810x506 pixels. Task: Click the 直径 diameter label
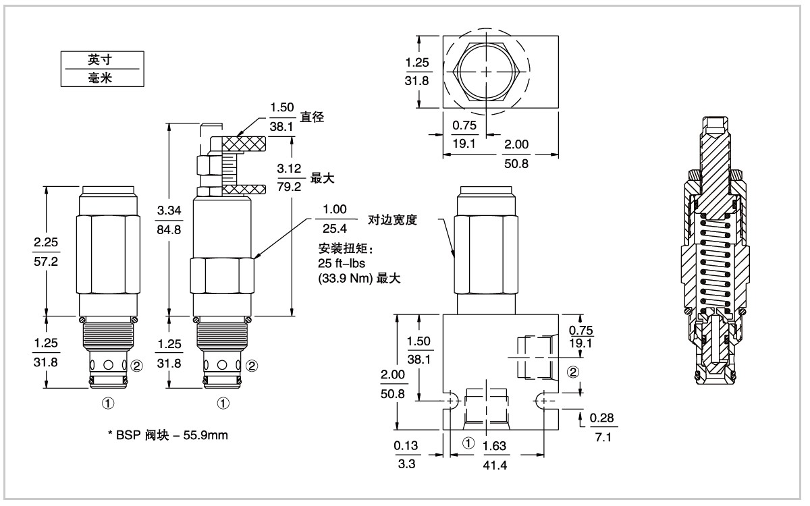point(313,117)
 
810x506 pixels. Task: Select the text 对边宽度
point(392,219)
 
